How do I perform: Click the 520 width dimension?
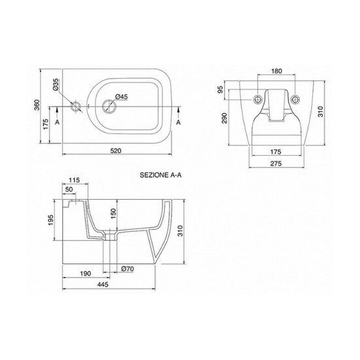point(116,151)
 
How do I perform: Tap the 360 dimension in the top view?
point(37,105)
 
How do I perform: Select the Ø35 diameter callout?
point(56,84)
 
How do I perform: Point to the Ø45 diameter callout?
point(121,97)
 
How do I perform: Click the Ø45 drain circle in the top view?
point(109,106)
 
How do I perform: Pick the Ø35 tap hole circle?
point(75,106)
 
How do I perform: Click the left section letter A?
point(57,122)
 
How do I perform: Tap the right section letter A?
point(179,122)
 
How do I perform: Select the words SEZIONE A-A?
point(160,175)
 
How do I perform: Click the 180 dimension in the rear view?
point(276,71)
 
